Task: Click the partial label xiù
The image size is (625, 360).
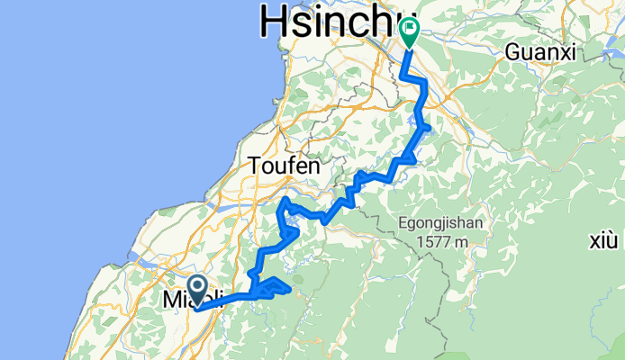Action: tap(602, 240)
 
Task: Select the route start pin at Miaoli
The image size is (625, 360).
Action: tap(195, 292)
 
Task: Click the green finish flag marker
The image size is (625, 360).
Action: tap(410, 32)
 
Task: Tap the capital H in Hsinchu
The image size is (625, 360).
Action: tap(274, 20)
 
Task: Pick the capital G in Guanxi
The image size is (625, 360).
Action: tap(512, 52)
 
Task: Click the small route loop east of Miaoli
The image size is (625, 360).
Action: tap(274, 287)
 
